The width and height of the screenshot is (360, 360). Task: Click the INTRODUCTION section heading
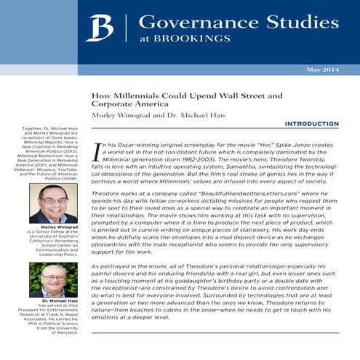(311, 124)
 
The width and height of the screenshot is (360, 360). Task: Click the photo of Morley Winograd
(53, 203)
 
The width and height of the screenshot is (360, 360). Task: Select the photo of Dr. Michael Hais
(53, 279)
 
